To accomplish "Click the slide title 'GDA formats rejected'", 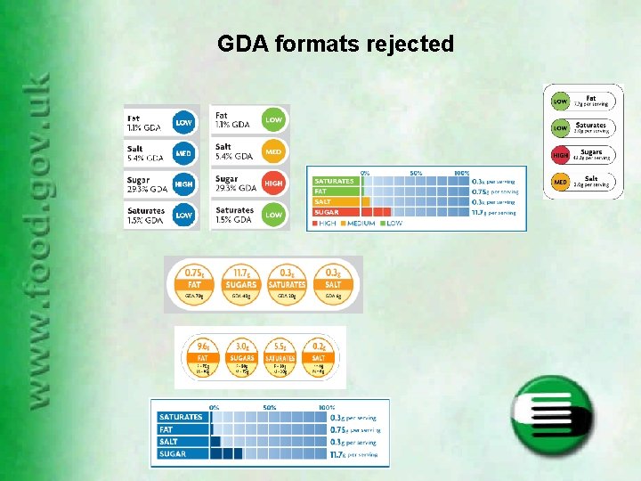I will pyautogui.click(x=336, y=44).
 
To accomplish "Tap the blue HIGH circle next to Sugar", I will pyautogui.click(x=184, y=183).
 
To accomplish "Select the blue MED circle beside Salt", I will pyautogui.click(x=184, y=152).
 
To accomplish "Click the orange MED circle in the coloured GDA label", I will pyautogui.click(x=273, y=151).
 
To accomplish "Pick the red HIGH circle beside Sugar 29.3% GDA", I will pyautogui.click(x=273, y=183).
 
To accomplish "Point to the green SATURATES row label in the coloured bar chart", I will pyautogui.click(x=334, y=181).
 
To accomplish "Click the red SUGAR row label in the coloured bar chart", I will pyautogui.click(x=327, y=213).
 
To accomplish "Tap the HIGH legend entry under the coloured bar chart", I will pyautogui.click(x=328, y=223).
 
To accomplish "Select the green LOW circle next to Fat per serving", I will pyautogui.click(x=561, y=102).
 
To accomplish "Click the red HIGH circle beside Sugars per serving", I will pyautogui.click(x=561, y=155).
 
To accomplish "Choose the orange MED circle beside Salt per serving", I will pyautogui.click(x=561, y=183).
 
